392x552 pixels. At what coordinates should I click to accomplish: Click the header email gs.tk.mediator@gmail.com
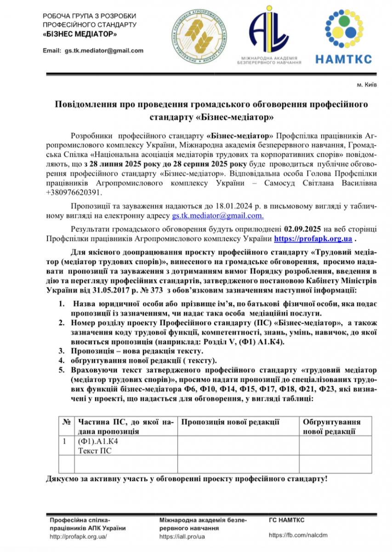(x=104, y=51)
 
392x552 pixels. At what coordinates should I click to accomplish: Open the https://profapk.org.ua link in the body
(x=313, y=239)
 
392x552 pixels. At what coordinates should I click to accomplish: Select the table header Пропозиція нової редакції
(x=231, y=422)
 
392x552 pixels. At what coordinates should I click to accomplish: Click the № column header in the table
(x=66, y=422)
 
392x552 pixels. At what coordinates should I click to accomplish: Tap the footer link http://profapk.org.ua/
(x=79, y=537)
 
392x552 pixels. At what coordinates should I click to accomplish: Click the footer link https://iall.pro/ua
(x=182, y=537)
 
